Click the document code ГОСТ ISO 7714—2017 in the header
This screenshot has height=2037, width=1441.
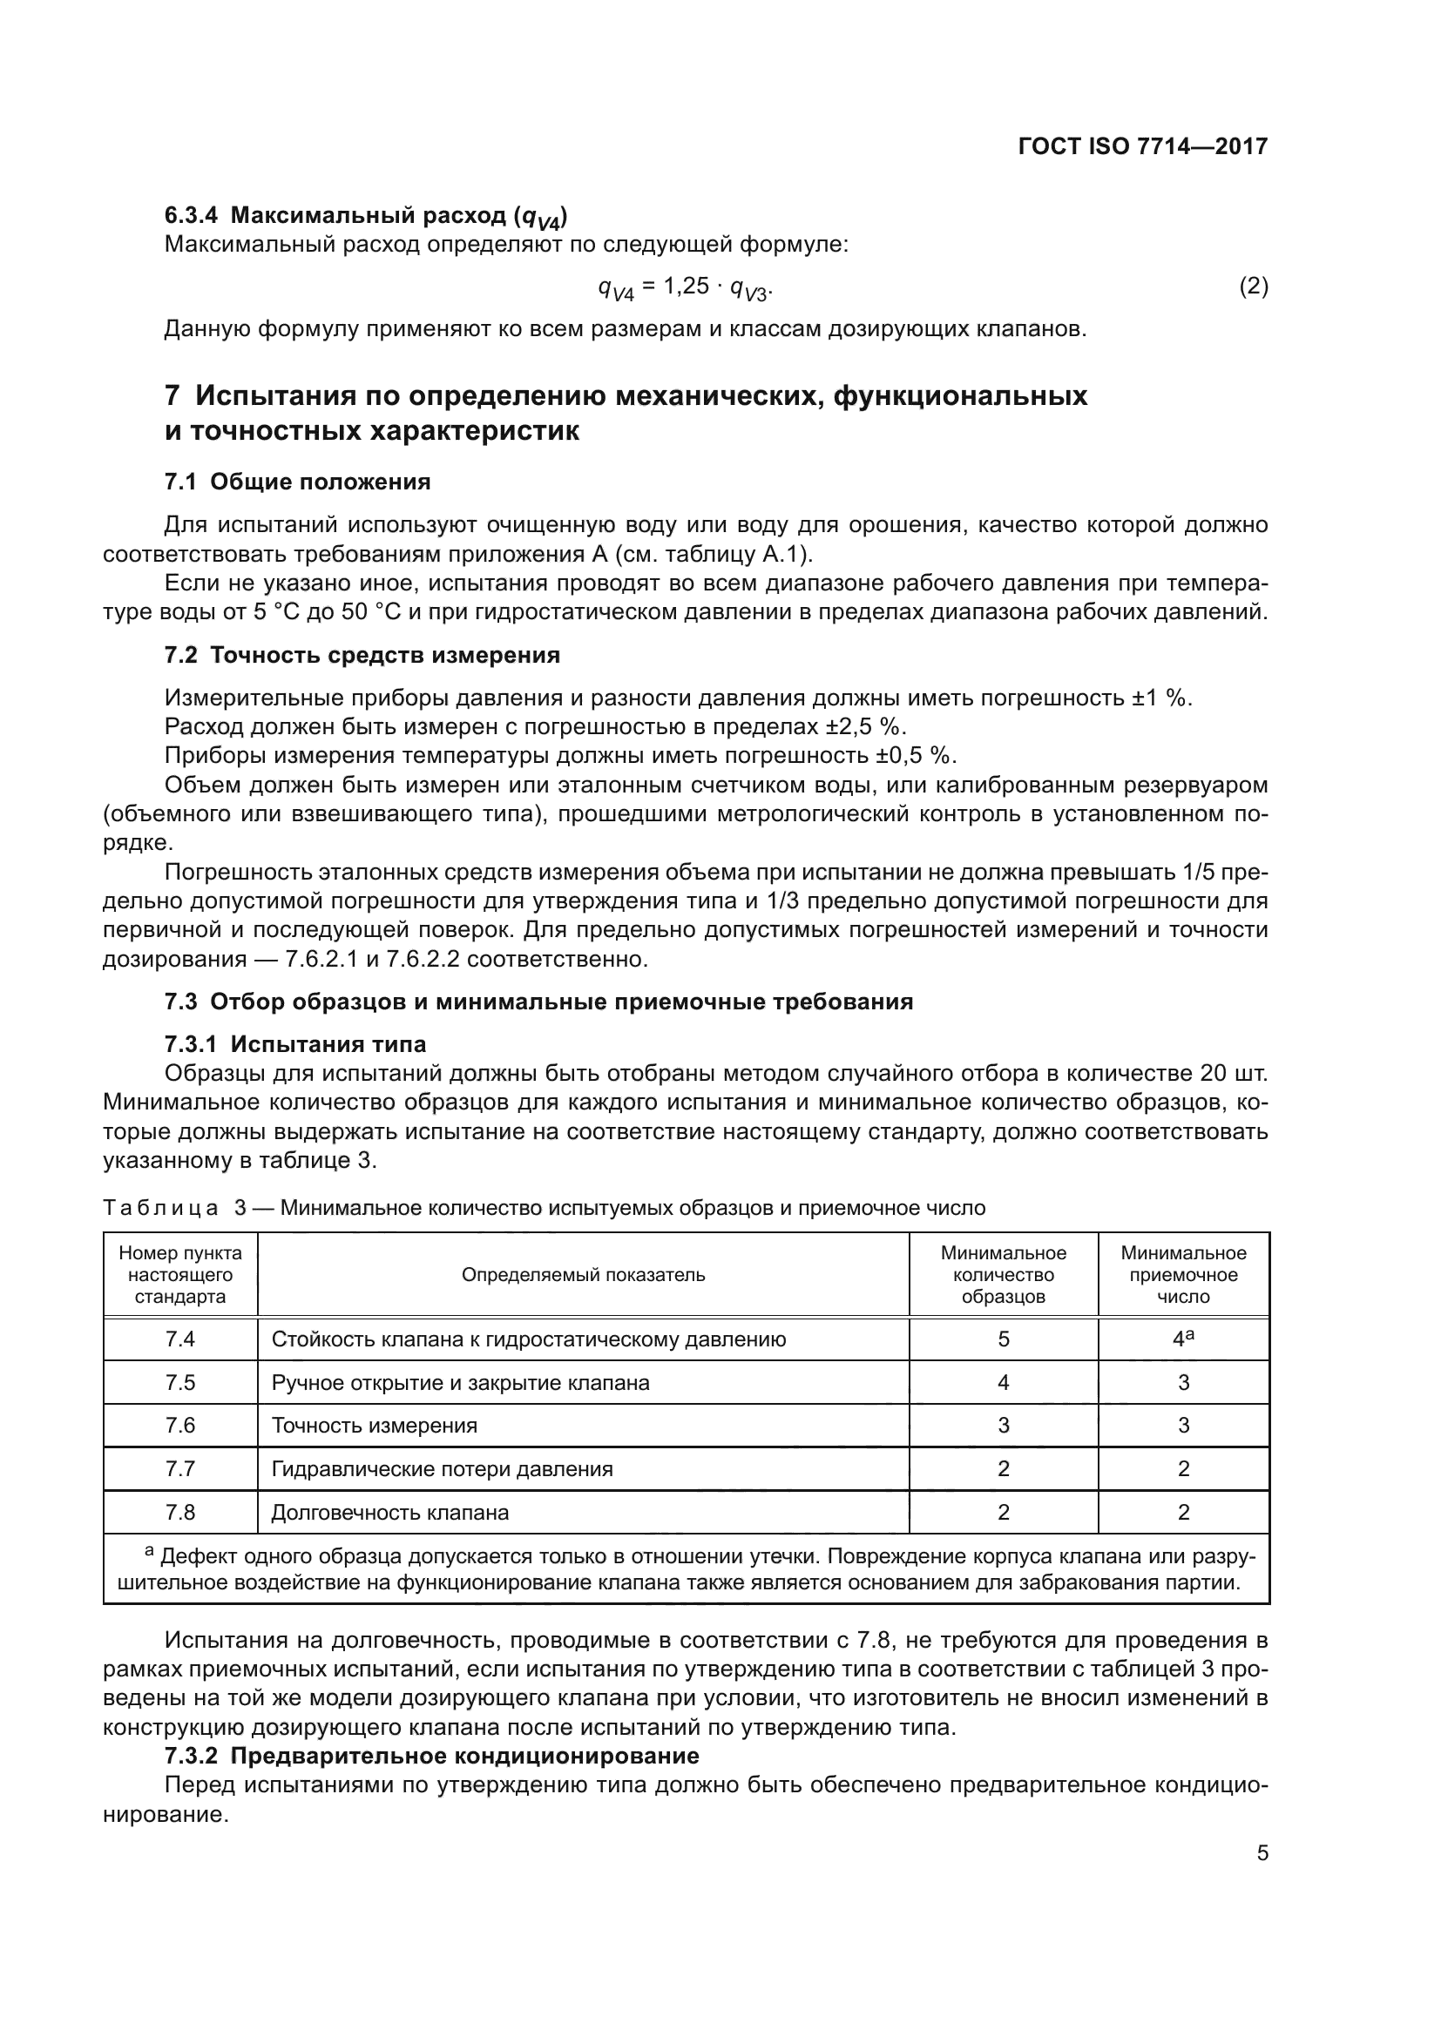click(x=1142, y=146)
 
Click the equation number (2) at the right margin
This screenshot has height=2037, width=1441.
click(x=1253, y=286)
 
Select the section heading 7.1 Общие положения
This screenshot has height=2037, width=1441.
click(x=297, y=482)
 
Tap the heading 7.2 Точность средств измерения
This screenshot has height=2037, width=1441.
click(x=362, y=655)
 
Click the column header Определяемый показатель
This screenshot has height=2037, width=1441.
click(x=583, y=1275)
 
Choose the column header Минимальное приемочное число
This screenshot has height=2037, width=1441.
click(x=1183, y=1275)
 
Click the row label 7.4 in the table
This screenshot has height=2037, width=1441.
click(x=180, y=1339)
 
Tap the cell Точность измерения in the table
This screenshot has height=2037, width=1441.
click(x=374, y=1425)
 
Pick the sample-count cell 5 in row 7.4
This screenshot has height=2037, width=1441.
click(x=1004, y=1339)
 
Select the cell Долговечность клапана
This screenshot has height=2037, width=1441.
click(x=389, y=1512)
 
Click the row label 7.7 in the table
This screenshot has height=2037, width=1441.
click(x=180, y=1468)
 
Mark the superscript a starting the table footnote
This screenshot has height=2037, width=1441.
click(x=149, y=1552)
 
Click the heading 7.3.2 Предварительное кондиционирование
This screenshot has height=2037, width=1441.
click(x=432, y=1756)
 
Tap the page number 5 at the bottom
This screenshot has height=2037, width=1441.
click(x=1262, y=1852)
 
